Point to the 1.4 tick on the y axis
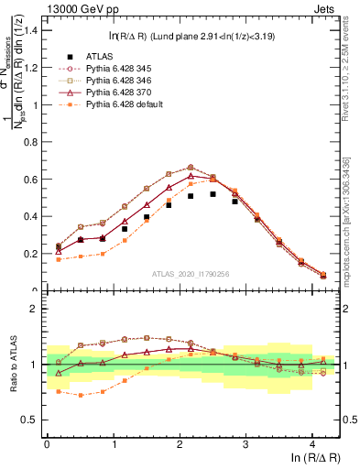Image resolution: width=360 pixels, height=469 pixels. pyautogui.click(x=32, y=30)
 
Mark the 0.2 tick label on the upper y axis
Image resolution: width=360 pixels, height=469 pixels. pyautogui.click(x=32, y=254)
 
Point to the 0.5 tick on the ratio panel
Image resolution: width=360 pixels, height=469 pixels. pyautogui.click(x=31, y=420)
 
